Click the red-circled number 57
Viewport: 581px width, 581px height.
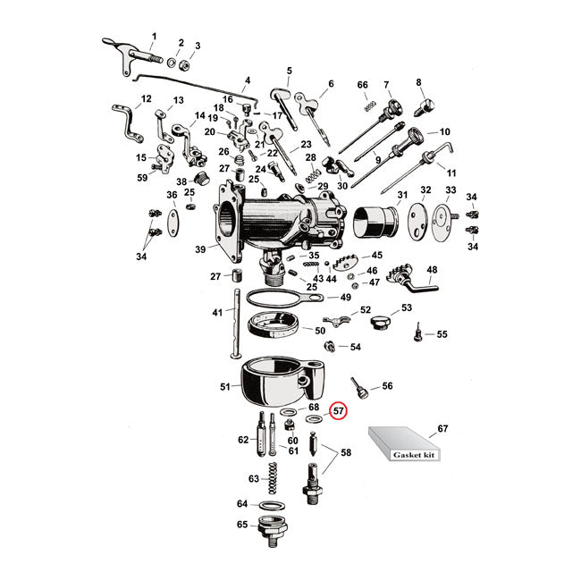339,411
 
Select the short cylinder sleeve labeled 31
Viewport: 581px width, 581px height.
376,223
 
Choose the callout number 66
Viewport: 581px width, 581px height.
363,85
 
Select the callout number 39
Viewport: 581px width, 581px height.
199,249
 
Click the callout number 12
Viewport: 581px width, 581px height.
147,99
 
